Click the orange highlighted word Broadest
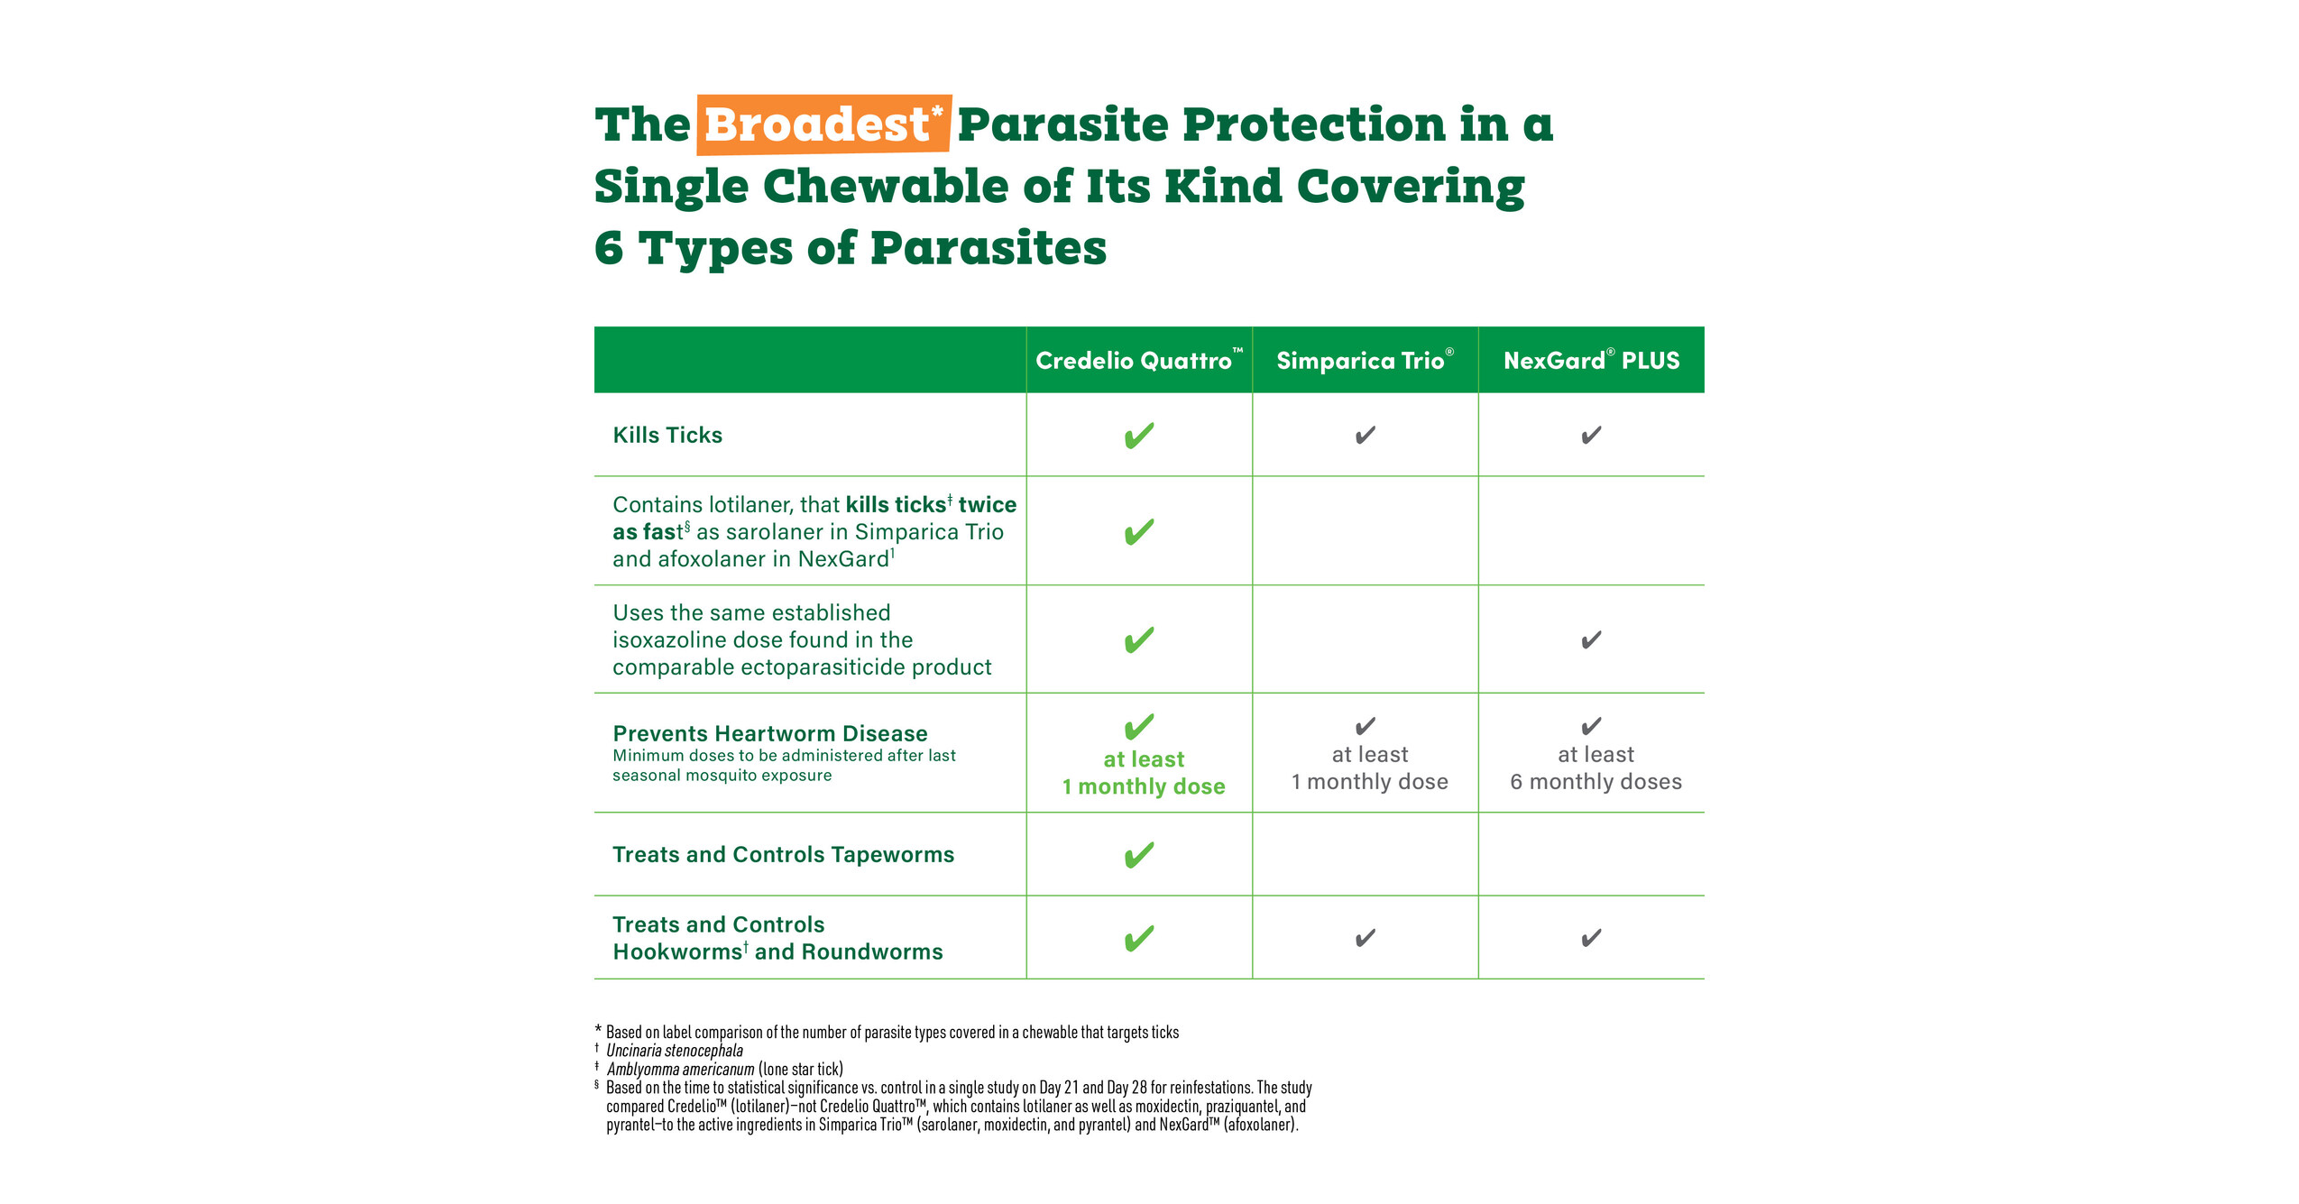(816, 124)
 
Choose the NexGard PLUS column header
(1591, 361)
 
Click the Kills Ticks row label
(667, 436)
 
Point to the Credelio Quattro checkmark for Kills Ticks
(1139, 436)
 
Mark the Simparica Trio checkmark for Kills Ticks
(1366, 436)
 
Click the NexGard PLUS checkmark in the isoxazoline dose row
(1591, 640)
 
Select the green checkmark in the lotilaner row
(1139, 532)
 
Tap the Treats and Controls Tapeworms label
(783, 855)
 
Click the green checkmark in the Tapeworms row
(1139, 855)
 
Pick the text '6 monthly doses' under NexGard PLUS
(1596, 782)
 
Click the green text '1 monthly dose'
(1144, 786)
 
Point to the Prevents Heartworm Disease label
(770, 734)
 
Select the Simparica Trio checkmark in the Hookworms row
(1366, 939)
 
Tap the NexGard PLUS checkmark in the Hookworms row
(1591, 939)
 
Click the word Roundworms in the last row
(872, 952)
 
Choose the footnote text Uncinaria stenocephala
(675, 1051)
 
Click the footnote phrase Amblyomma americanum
(681, 1070)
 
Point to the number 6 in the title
(609, 248)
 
